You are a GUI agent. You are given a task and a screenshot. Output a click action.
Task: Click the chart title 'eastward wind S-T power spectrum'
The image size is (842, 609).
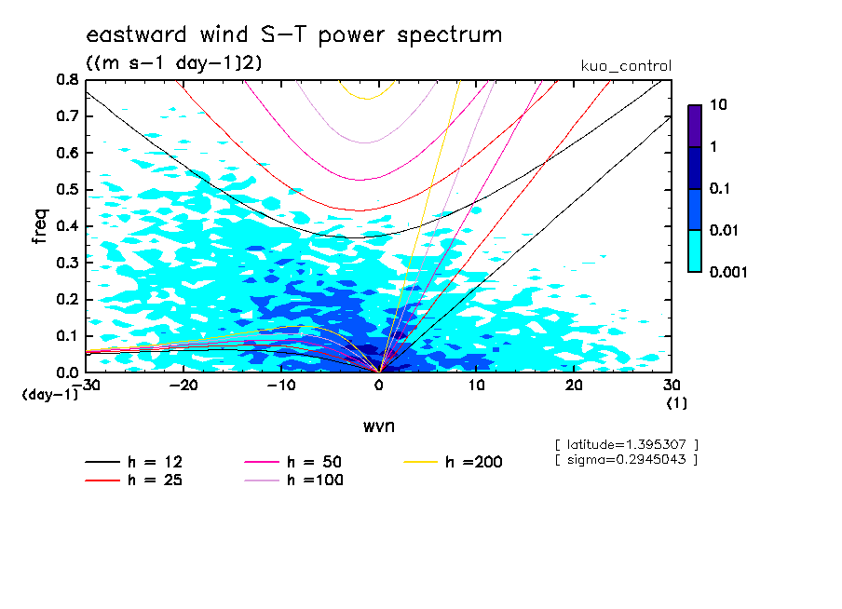pos(293,35)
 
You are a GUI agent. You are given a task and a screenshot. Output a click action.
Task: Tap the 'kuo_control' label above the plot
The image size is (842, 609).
pos(625,66)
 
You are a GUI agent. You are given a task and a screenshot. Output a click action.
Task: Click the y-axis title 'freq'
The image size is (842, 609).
pos(40,226)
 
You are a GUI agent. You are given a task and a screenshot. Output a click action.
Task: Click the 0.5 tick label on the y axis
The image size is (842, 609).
pos(68,190)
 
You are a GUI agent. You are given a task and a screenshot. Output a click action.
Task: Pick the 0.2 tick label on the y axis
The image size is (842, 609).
pos(68,300)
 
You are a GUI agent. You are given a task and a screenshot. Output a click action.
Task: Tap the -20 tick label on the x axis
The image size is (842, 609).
pos(183,386)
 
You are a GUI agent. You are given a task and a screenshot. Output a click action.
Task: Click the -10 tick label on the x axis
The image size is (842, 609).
pos(280,386)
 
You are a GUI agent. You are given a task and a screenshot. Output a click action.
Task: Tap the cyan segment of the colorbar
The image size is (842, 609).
pos(694,250)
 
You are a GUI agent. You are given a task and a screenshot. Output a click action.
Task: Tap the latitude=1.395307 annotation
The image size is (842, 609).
pos(626,445)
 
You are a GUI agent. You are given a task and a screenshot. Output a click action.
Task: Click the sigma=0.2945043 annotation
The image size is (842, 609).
pos(626,460)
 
